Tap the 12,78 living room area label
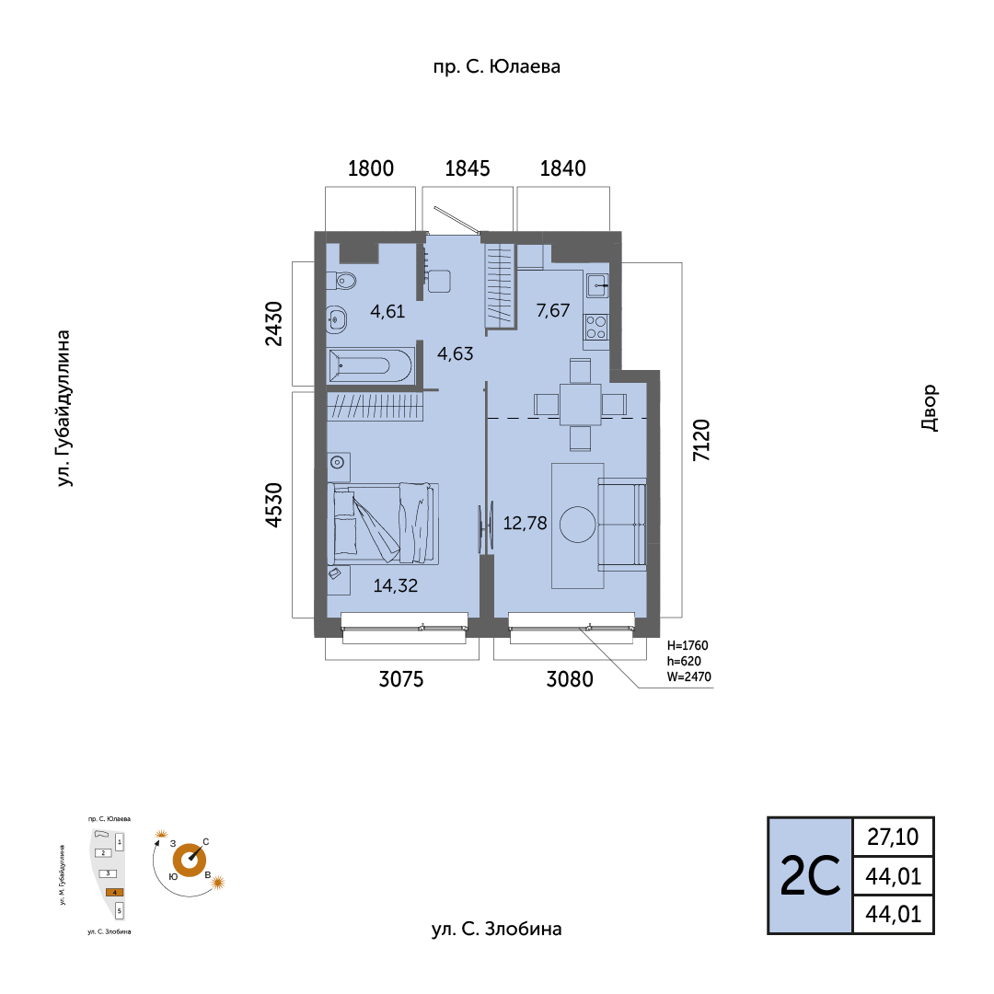[x=526, y=524]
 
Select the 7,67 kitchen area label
[x=553, y=310]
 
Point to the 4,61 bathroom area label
[x=387, y=311]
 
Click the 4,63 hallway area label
[x=455, y=353]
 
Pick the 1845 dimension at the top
[x=467, y=168]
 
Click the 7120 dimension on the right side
[x=701, y=440]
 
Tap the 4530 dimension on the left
[x=272, y=505]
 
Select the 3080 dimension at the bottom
[x=570, y=680]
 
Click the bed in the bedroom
[x=385, y=522]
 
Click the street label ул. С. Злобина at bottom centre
[x=496, y=929]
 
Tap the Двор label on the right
[x=929, y=408]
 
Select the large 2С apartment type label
[x=810, y=876]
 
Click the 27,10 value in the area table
[x=893, y=837]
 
